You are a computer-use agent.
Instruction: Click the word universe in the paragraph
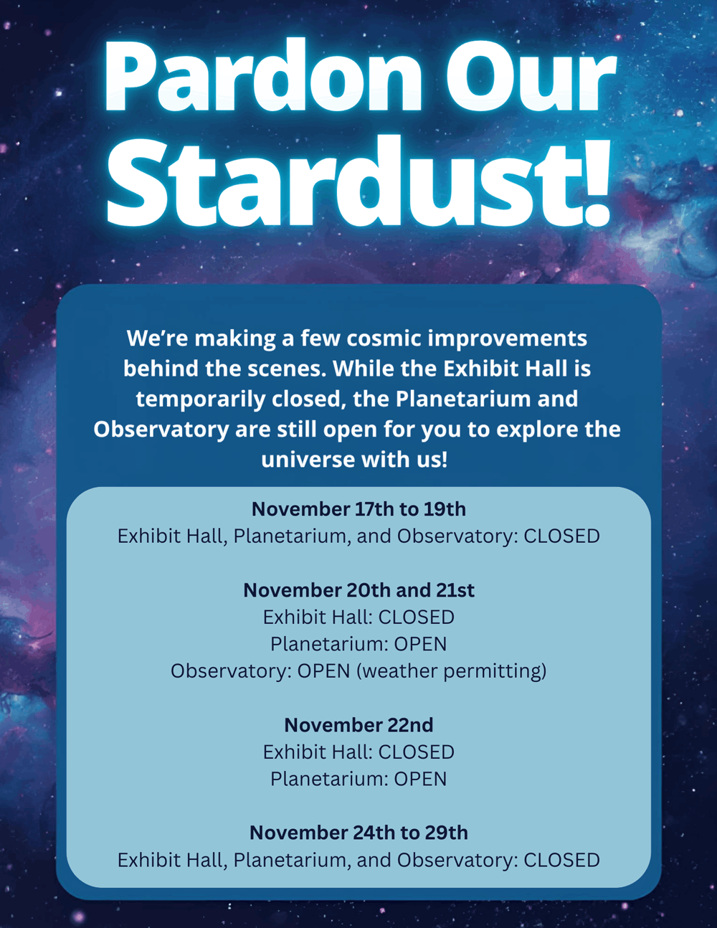[308, 460]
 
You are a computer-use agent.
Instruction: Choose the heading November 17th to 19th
[358, 509]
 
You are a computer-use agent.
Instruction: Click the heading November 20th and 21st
[358, 590]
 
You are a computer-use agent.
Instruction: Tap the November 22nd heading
[358, 725]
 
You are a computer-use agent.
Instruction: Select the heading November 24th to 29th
[358, 833]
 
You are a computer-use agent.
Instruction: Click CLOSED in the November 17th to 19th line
[561, 536]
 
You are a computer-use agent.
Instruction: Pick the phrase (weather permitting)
[452, 671]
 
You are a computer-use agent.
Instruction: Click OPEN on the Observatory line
[323, 671]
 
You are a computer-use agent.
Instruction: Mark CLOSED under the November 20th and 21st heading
[416, 617]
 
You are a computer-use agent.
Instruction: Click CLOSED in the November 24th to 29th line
[561, 861]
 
